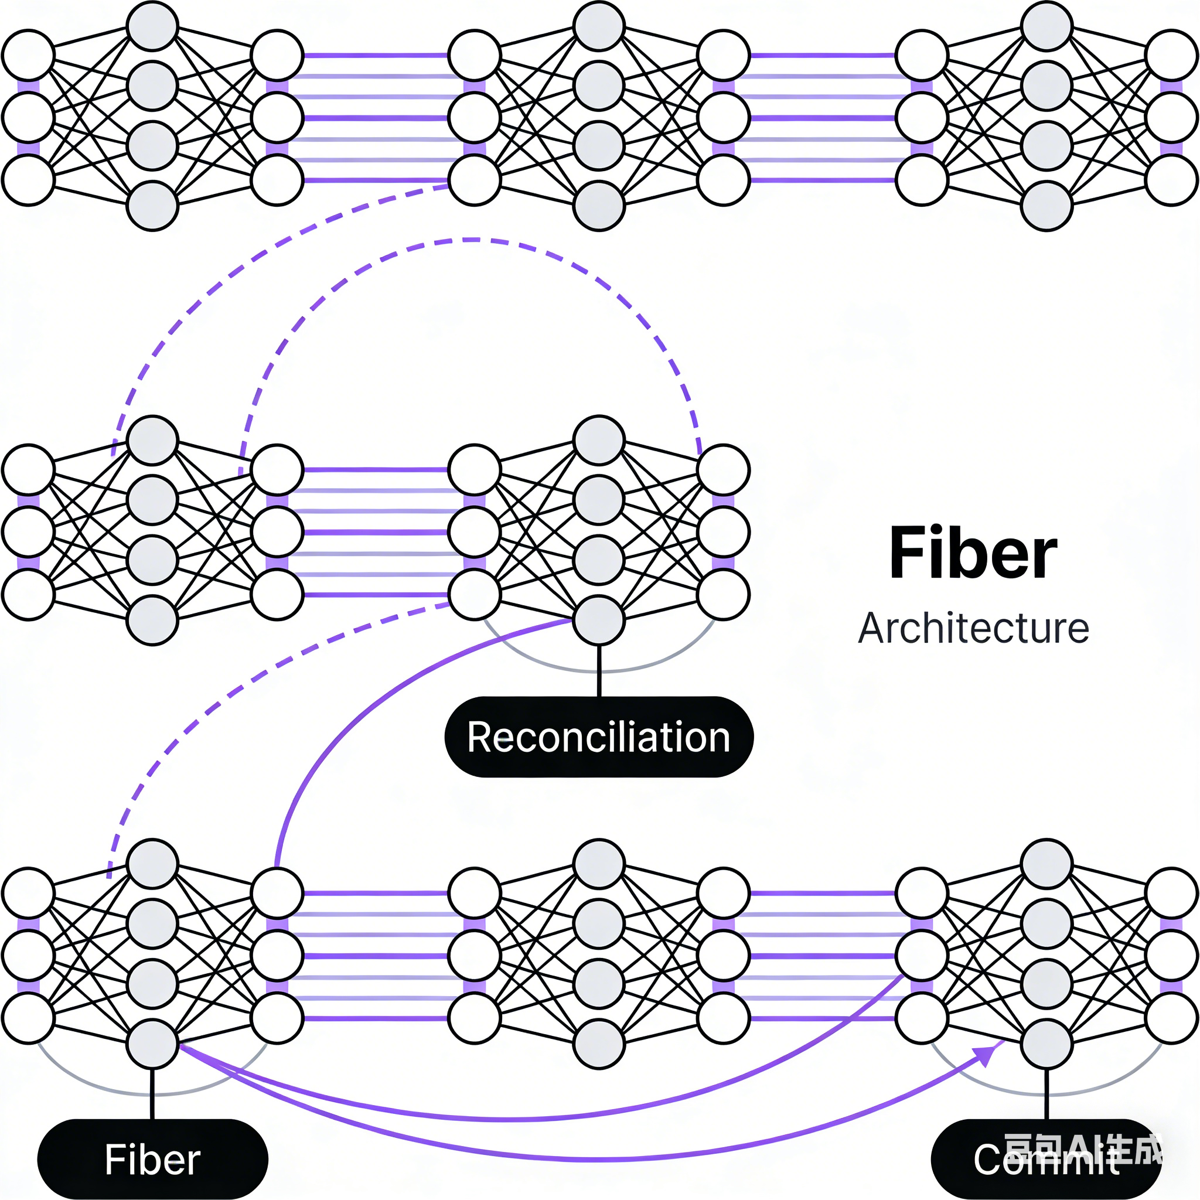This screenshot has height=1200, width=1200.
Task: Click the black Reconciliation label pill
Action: click(599, 737)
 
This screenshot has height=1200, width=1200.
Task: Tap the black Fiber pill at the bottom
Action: click(152, 1159)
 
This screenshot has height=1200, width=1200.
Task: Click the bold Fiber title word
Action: click(973, 553)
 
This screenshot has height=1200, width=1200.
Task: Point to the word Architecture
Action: click(973, 629)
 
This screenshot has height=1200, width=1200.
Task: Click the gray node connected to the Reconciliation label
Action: click(599, 620)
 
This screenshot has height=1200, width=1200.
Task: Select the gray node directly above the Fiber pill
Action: click(152, 1044)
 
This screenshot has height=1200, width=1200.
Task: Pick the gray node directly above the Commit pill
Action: click(1046, 1044)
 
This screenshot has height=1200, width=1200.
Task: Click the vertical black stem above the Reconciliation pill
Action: click(599, 671)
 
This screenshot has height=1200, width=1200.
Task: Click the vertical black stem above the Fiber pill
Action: click(152, 1093)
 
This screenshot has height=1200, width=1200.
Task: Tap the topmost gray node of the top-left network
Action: click(152, 26)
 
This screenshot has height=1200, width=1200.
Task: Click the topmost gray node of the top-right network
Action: click(1046, 26)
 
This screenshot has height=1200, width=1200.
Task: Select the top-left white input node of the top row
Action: click(28, 54)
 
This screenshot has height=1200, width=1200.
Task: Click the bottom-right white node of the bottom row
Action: click(1171, 1017)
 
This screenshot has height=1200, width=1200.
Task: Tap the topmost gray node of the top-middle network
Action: click(599, 26)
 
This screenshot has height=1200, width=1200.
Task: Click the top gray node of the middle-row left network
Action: click(152, 441)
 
